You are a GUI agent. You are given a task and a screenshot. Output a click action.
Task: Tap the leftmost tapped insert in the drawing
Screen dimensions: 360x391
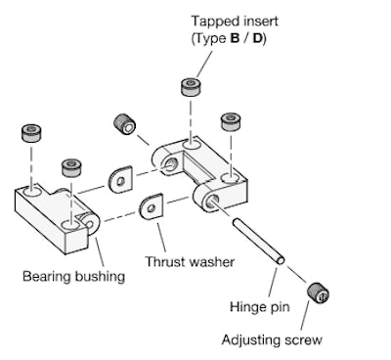click(29, 133)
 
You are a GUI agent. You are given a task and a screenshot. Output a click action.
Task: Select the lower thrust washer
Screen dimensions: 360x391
click(152, 207)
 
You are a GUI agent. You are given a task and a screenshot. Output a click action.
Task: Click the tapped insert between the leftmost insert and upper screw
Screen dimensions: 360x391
click(70, 168)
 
